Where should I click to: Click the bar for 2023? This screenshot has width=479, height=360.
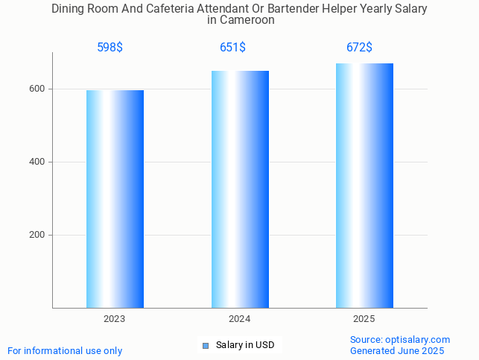point(115,199)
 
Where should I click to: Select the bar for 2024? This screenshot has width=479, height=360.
point(240,189)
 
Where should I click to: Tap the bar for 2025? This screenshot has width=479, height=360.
point(364,186)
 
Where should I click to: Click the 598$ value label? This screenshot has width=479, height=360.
point(110,48)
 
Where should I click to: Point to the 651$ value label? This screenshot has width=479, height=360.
point(232,48)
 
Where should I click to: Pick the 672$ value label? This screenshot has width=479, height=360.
point(359,48)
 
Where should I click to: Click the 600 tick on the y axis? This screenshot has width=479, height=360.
point(37,89)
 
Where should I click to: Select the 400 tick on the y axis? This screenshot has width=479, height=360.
point(37,162)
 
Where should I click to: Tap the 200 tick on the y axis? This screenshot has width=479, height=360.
point(37,235)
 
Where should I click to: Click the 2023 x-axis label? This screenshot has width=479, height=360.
point(115,319)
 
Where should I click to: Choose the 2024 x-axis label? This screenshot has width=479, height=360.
point(240,319)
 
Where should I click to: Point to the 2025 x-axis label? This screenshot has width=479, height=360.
point(364,319)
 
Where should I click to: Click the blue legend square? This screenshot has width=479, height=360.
point(206,345)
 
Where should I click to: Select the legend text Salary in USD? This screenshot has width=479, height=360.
point(245,345)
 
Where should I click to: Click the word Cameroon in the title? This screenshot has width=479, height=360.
point(247,21)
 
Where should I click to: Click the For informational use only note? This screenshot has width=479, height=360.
point(65,350)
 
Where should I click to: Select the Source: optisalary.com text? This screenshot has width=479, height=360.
point(400,339)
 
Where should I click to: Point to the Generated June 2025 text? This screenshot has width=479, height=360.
point(397,350)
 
